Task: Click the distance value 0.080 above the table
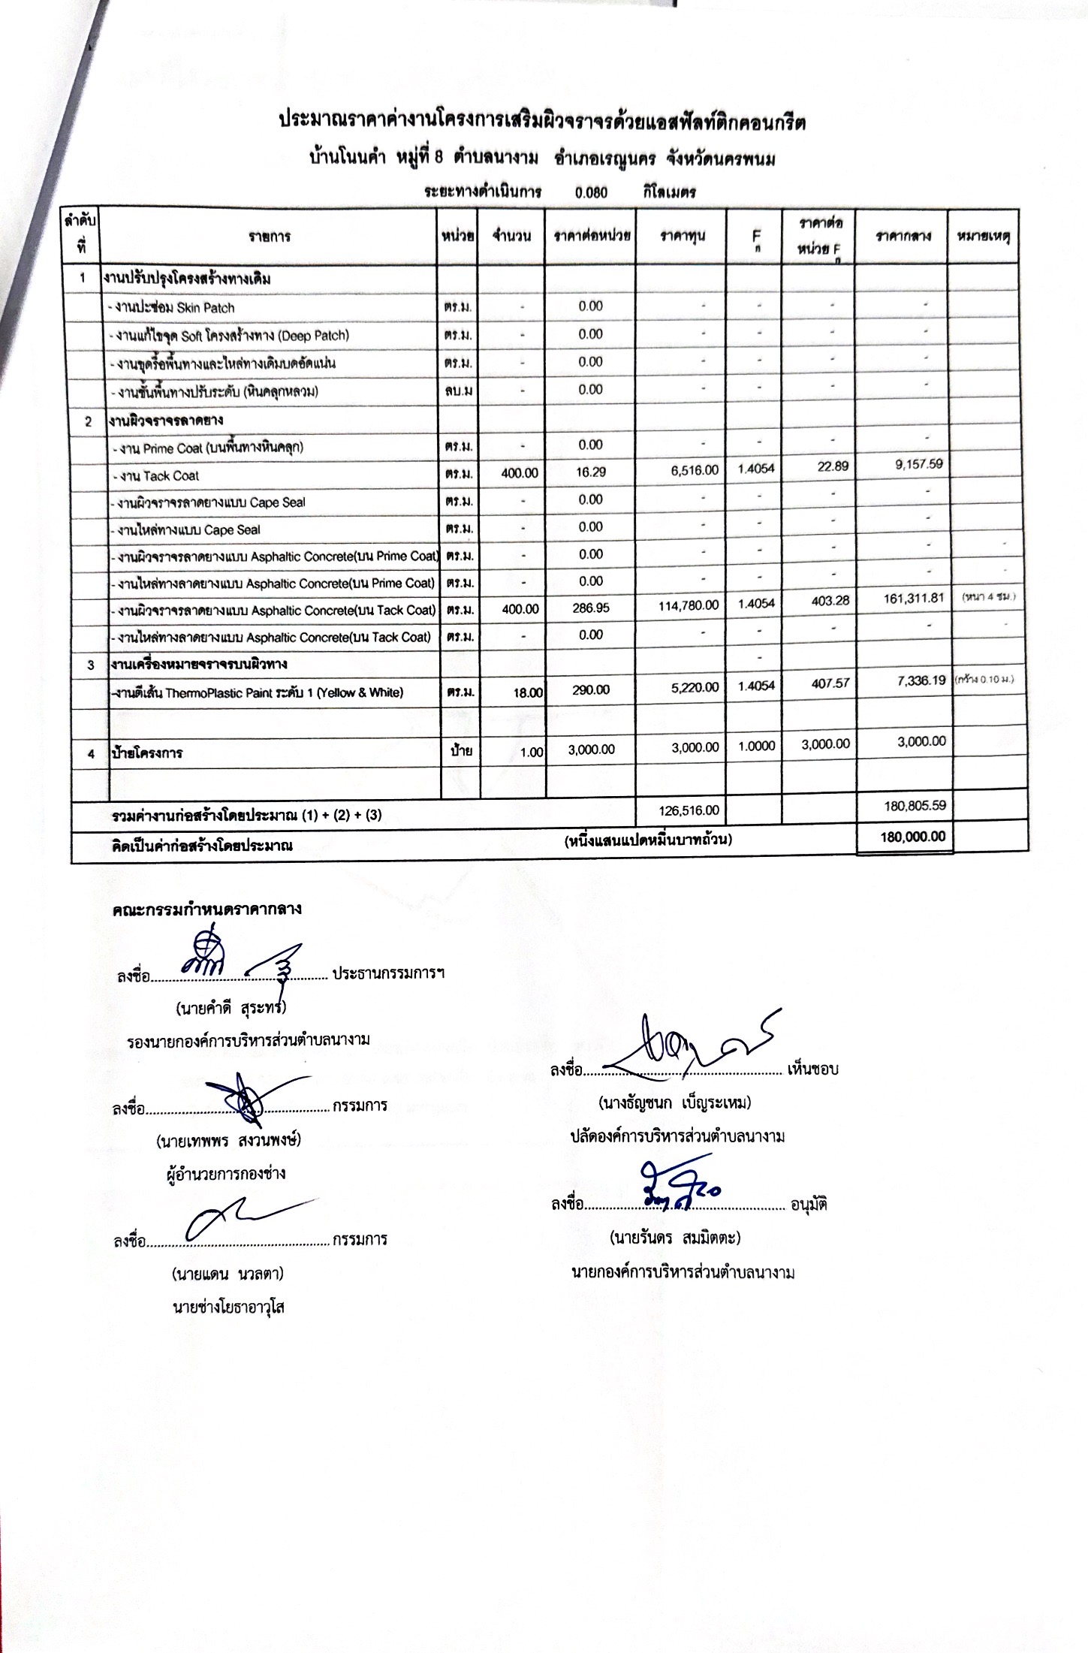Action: coord(591,192)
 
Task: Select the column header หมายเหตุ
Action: coord(983,236)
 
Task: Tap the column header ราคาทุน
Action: coord(682,236)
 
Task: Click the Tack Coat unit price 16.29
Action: coord(590,472)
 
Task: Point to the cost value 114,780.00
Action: coord(688,605)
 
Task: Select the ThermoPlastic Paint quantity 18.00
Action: coord(528,692)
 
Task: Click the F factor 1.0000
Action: coord(756,746)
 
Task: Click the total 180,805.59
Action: coord(915,806)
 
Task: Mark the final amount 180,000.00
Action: coord(912,837)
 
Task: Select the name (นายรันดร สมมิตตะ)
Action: coord(674,1237)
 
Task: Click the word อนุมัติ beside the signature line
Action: coord(808,1205)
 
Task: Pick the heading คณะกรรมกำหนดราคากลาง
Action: coord(206,909)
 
